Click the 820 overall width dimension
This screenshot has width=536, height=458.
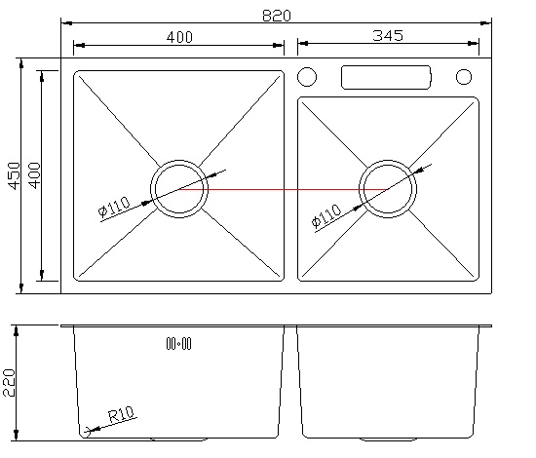click(277, 16)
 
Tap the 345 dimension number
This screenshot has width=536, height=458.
click(388, 35)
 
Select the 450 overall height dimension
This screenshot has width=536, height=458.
click(15, 175)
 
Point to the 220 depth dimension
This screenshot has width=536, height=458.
click(9, 383)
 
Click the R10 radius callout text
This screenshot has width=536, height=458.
click(122, 414)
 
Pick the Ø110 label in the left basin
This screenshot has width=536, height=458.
click(114, 207)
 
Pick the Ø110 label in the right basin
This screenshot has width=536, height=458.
click(326, 215)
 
